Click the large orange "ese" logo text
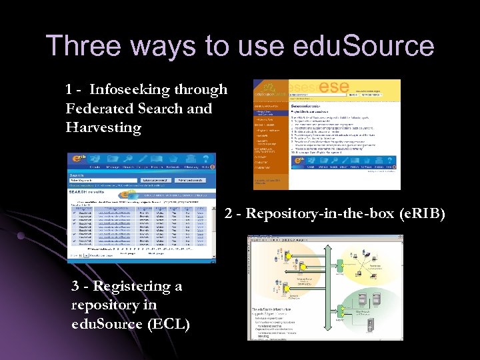click(x=334, y=87)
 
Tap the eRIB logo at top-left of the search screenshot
click(x=77, y=160)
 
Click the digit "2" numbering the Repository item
click(x=229, y=214)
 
